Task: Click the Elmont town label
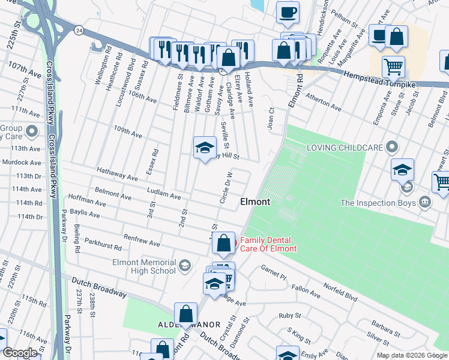[255, 202]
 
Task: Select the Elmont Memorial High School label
[143, 266]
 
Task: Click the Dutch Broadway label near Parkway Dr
[99, 287]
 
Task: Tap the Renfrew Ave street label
[142, 240]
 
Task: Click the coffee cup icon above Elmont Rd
[288, 12]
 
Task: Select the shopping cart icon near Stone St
[393, 67]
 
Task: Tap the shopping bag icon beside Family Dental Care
[223, 243]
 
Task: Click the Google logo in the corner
[20, 353]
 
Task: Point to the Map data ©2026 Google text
[412, 355]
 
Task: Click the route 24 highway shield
[79, 29]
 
